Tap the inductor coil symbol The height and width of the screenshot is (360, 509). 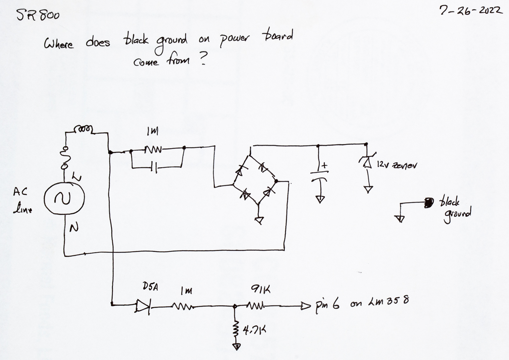point(83,129)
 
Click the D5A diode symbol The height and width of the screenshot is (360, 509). point(142,306)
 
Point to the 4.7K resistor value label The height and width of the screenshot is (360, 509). point(254,331)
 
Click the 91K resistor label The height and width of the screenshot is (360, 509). point(261,290)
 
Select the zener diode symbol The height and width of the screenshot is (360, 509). point(367,162)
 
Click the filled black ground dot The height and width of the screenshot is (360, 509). point(429,202)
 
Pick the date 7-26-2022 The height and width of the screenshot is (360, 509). point(471,11)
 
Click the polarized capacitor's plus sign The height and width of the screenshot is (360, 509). point(324,165)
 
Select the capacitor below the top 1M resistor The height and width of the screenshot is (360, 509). point(155,167)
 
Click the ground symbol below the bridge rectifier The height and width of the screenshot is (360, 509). point(260,220)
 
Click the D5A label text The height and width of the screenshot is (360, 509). point(150,287)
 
